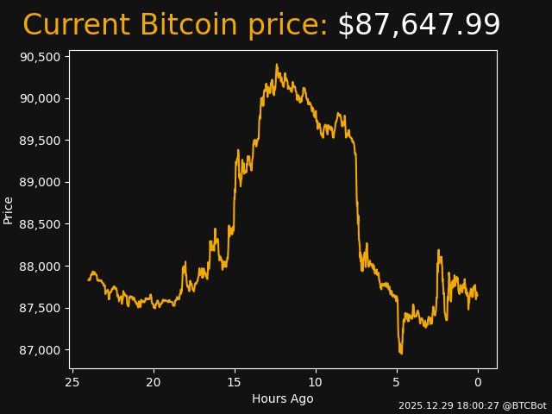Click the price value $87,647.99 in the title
point(418,26)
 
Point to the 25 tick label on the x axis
point(72,382)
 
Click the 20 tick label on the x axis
point(154,382)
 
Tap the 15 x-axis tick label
point(235,382)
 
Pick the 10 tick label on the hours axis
point(316,382)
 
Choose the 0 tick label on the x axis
point(478,382)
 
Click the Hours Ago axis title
point(282,398)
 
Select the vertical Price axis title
point(9,210)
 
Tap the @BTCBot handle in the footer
point(525,405)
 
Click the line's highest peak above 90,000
point(277,65)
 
